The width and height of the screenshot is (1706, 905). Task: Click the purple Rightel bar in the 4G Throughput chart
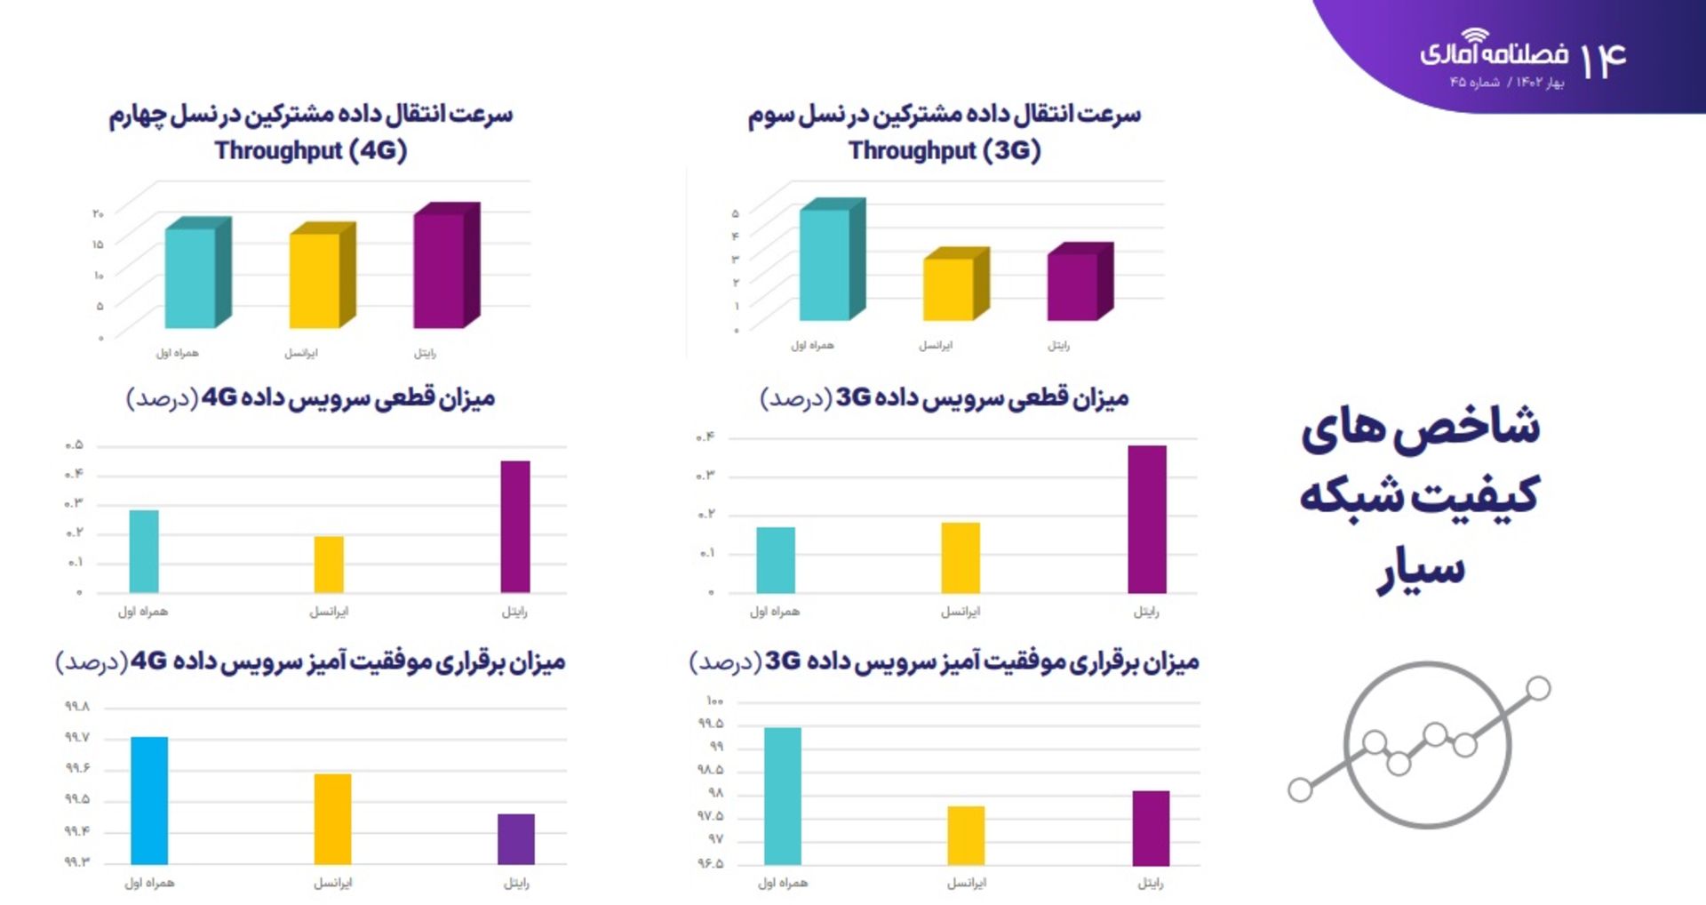[x=440, y=270]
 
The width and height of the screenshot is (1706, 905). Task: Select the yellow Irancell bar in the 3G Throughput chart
[x=949, y=289]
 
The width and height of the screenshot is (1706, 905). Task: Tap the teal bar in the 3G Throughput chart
[x=825, y=264]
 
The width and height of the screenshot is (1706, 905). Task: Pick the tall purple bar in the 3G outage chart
[x=1147, y=519]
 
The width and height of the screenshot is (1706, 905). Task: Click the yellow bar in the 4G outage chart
[x=329, y=564]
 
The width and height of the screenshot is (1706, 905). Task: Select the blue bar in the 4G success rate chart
[x=149, y=800]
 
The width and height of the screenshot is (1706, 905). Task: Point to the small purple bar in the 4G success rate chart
[x=516, y=838]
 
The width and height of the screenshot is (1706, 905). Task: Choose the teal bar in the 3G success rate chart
[x=783, y=796]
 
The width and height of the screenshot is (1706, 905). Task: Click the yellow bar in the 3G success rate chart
[x=966, y=835]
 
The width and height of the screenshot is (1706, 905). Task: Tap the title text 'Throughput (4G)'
[x=311, y=150]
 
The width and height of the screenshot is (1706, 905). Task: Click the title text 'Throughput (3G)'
[x=945, y=150]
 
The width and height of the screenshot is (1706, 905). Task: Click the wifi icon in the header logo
[x=1475, y=36]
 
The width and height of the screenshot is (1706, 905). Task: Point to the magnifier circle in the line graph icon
[x=1427, y=745]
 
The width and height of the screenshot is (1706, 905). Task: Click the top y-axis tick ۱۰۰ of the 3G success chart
[x=715, y=701]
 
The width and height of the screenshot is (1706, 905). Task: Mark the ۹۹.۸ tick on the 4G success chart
[x=77, y=707]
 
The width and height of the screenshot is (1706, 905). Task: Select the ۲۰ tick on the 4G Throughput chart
[x=98, y=213]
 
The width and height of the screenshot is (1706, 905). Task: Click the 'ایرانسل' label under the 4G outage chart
[x=329, y=612]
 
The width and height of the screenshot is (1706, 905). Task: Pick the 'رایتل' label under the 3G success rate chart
[x=1151, y=883]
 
